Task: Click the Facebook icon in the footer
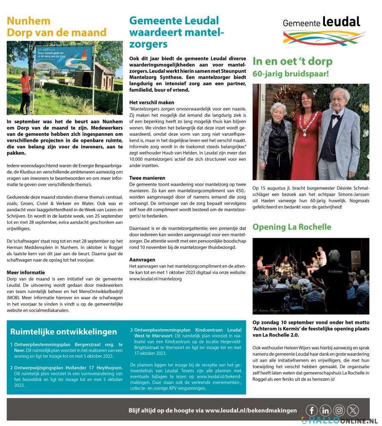pyautogui.click(x=312, y=410)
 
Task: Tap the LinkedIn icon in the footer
pyautogui.click(x=325, y=410)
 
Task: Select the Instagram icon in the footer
pyautogui.click(x=339, y=410)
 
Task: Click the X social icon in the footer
pyautogui.click(x=353, y=410)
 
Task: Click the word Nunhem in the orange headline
pyautogui.click(x=29, y=21)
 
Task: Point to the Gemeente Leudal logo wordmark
pyautogui.click(x=322, y=23)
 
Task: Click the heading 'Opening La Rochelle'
pyautogui.click(x=292, y=227)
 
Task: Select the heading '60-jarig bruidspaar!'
pyautogui.click(x=291, y=74)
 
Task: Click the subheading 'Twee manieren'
pyautogui.click(x=147, y=178)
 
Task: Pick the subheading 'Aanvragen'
pyautogui.click(x=142, y=259)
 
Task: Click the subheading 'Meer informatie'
pyautogui.click(x=26, y=272)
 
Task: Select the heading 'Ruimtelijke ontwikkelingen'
pyautogui.click(x=63, y=332)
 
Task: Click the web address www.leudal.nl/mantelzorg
pyautogui.click(x=155, y=279)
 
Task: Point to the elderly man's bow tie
pyautogui.click(x=337, y=116)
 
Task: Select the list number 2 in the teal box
pyautogui.click(x=11, y=368)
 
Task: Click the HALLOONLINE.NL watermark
pyautogui.click(x=340, y=421)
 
